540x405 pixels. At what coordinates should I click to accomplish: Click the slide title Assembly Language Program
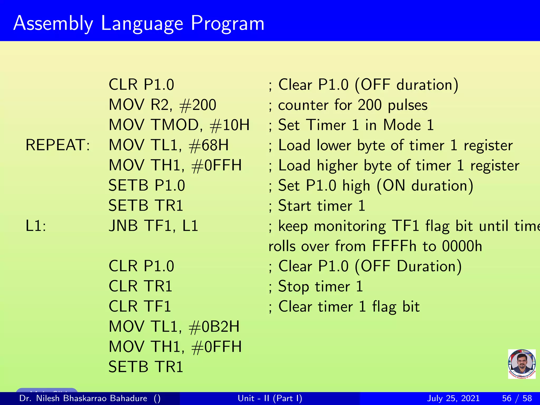[139, 23]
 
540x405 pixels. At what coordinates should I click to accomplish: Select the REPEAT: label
[58, 145]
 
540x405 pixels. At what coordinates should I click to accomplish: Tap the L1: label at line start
[36, 226]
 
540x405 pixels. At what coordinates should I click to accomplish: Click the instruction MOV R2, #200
[162, 105]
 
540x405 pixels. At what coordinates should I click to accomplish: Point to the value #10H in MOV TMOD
[229, 125]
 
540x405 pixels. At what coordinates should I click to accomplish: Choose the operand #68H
[209, 145]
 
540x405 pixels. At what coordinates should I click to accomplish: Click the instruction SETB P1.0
[147, 186]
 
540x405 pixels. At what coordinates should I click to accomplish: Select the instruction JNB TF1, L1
[153, 226]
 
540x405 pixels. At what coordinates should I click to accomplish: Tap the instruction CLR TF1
[140, 307]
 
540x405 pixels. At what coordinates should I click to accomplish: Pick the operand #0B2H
[214, 327]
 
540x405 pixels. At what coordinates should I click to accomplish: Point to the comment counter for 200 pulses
[353, 105]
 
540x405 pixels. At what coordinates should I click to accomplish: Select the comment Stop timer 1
[320, 286]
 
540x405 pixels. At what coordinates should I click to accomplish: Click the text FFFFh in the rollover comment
[394, 246]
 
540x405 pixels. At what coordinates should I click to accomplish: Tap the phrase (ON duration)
[425, 186]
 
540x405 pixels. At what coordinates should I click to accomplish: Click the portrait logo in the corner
[522, 364]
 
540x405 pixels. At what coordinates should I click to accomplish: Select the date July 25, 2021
[453, 398]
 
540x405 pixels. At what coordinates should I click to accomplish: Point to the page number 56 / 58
[517, 398]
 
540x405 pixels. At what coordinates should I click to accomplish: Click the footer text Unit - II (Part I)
[270, 398]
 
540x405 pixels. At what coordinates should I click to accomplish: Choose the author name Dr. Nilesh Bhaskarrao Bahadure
[83, 398]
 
